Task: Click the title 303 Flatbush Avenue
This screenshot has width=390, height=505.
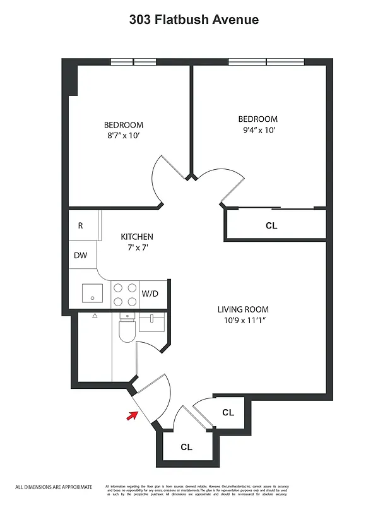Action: click(194, 20)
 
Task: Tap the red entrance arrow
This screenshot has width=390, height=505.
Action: click(133, 415)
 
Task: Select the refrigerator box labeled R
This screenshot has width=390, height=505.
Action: click(81, 225)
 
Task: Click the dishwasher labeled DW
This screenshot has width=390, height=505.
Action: click(81, 256)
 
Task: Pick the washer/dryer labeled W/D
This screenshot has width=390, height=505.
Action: click(150, 294)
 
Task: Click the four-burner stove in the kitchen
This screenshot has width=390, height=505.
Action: click(125, 294)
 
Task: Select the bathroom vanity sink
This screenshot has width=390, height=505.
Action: click(151, 323)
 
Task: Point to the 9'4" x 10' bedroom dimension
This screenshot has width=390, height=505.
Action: click(257, 130)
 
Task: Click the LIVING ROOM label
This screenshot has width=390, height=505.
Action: click(243, 309)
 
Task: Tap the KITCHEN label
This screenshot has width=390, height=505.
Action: click(137, 237)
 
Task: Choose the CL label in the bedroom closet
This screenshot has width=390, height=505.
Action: click(271, 225)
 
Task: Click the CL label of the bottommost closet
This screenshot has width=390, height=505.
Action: click(186, 447)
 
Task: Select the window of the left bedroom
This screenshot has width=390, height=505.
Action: click(133, 62)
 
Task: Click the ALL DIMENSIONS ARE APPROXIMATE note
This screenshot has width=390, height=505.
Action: click(54, 487)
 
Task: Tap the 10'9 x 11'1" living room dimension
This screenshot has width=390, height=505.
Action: click(243, 320)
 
